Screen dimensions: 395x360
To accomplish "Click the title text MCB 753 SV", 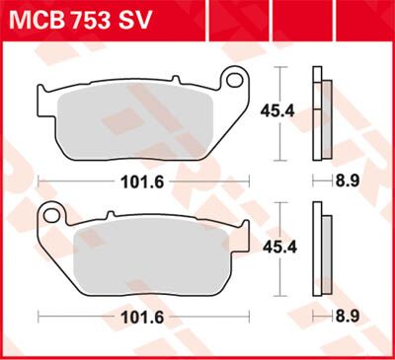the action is (x=80, y=21).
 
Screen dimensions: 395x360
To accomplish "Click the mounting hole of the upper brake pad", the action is (x=235, y=80).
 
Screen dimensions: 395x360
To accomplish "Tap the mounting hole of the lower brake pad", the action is (x=51, y=216).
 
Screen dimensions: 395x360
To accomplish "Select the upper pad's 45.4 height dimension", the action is (x=277, y=111).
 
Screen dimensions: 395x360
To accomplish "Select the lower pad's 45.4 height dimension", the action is (x=279, y=248).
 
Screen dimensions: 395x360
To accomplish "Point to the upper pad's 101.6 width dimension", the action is (x=142, y=181).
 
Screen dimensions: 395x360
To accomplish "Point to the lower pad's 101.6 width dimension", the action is (x=142, y=318).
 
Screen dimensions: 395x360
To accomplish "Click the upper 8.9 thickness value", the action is (x=348, y=180).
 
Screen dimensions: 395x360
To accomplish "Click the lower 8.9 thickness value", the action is (x=348, y=317).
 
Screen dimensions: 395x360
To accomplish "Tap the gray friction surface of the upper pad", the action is (x=135, y=125).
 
